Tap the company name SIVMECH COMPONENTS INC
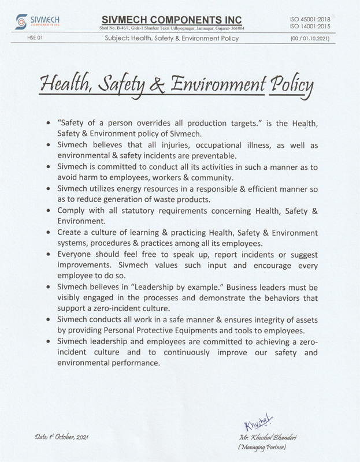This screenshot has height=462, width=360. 170,19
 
